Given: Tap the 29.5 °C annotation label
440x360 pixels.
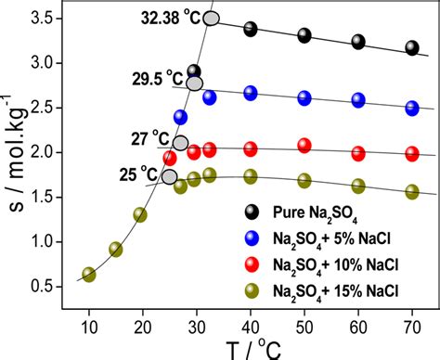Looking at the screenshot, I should click(x=151, y=82).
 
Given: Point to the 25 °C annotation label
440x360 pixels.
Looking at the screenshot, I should click(x=137, y=173).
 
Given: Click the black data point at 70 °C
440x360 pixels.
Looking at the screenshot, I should click(x=412, y=48).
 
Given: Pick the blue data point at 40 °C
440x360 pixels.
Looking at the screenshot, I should click(x=251, y=93).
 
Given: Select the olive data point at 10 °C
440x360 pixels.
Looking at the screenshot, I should click(x=89, y=274).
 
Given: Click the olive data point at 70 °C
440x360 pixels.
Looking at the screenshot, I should click(x=412, y=191).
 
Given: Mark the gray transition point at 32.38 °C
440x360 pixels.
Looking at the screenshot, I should click(x=211, y=19).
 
